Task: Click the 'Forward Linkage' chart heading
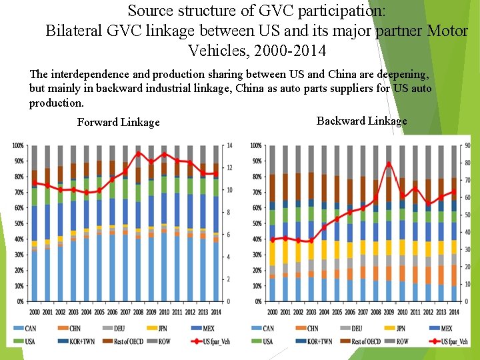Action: coord(118,122)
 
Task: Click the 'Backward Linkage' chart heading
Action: coord(361,121)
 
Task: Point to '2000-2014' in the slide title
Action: coord(294,50)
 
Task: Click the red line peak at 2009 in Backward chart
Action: coord(389,164)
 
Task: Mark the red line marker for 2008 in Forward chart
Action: coord(138,153)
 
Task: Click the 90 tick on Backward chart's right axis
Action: coord(467,146)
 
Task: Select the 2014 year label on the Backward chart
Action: coord(453,312)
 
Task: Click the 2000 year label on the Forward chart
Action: coord(34,312)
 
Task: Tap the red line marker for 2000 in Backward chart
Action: coord(272,239)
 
